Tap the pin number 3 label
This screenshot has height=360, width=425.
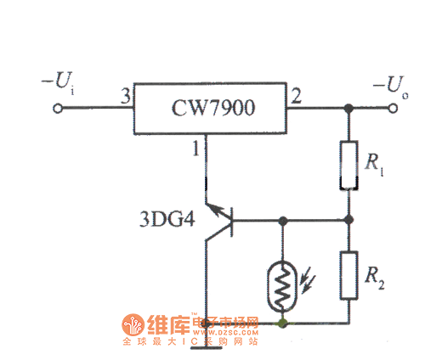pos(125,99)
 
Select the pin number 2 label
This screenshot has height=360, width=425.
pos(295,99)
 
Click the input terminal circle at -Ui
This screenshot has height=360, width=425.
pos(59,110)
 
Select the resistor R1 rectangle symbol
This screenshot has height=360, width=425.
pos(348,165)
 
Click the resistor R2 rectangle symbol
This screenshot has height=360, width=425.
pos(348,273)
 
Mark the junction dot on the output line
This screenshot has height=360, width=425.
pos(348,109)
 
